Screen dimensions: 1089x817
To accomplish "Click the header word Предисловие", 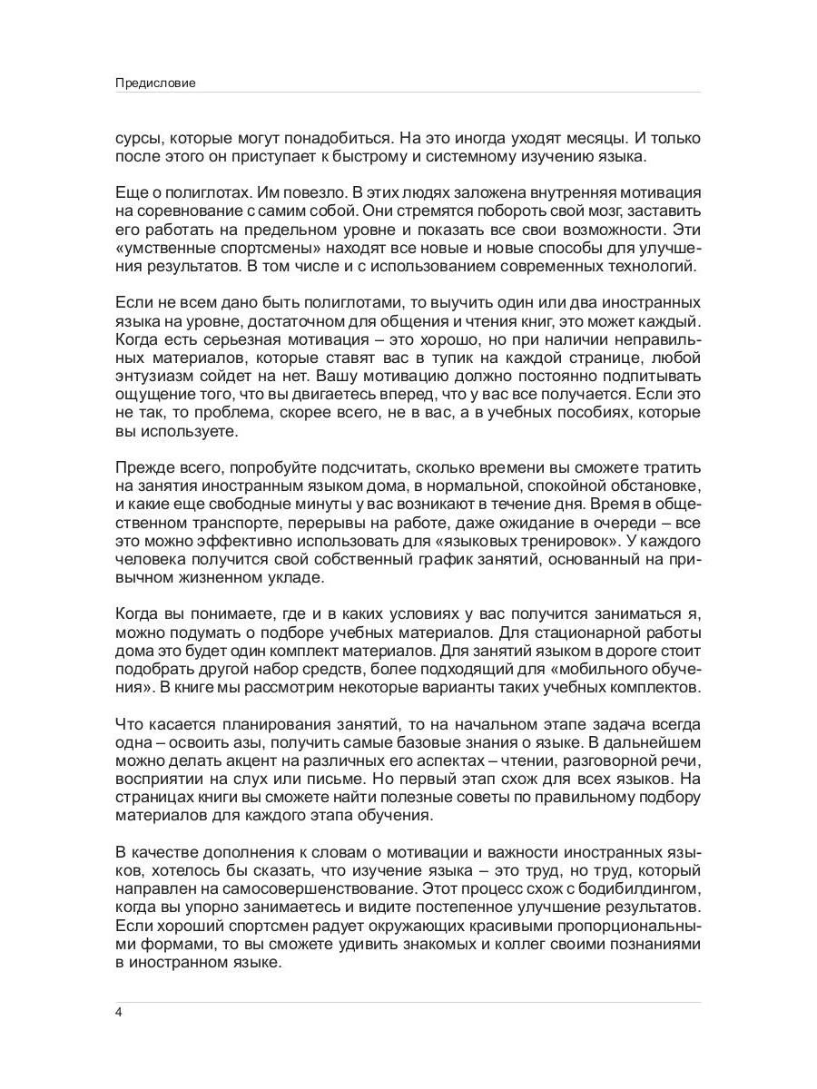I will (x=155, y=83).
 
